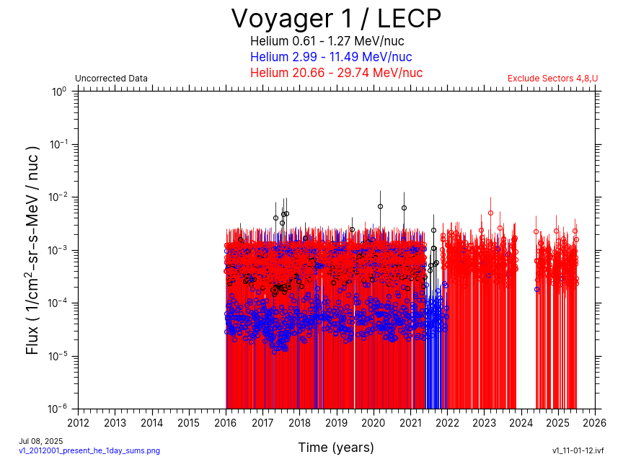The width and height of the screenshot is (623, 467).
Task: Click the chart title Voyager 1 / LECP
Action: pos(336,18)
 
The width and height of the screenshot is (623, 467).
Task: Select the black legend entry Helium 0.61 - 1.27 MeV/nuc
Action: pos(327,41)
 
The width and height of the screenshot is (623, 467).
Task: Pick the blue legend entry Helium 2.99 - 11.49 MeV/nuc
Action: pos(331,57)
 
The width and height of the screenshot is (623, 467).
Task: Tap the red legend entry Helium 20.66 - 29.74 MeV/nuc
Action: pos(336,73)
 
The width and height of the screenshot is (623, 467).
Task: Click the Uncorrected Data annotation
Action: pos(111,79)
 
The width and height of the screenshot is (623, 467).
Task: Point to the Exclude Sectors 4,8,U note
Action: pos(552,79)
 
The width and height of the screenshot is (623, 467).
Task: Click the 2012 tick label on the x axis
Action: pos(79,422)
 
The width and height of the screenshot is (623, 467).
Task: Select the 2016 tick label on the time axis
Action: pos(226,422)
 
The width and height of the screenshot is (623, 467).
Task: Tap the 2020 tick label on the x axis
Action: pos(374,422)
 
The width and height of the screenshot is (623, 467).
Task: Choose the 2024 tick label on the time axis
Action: pos(521,422)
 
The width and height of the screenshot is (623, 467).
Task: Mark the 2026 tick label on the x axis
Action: pos(594,422)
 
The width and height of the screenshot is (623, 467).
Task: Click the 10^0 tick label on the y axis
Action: pos(59,92)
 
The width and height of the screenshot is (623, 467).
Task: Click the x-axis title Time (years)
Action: pos(336,448)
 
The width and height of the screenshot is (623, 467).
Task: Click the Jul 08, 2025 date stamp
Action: pos(41,440)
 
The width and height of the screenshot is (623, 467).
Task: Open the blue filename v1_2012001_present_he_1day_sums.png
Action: pos(89,450)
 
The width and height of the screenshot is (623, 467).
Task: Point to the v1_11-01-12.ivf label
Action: pos(578,450)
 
